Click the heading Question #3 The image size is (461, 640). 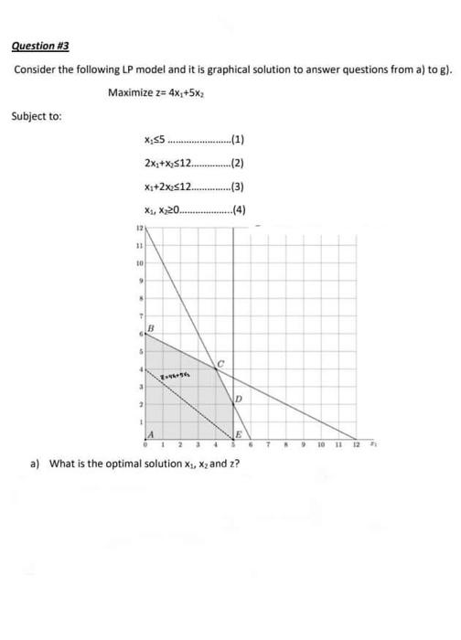click(x=39, y=46)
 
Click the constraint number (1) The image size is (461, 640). click(x=240, y=140)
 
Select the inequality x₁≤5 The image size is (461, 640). click(x=155, y=140)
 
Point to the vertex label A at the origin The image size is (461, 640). click(x=150, y=434)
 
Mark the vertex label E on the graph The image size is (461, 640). click(x=238, y=434)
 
